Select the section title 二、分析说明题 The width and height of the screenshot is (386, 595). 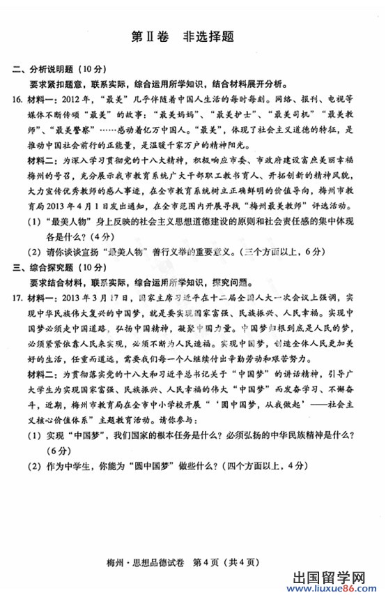pos(51,68)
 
